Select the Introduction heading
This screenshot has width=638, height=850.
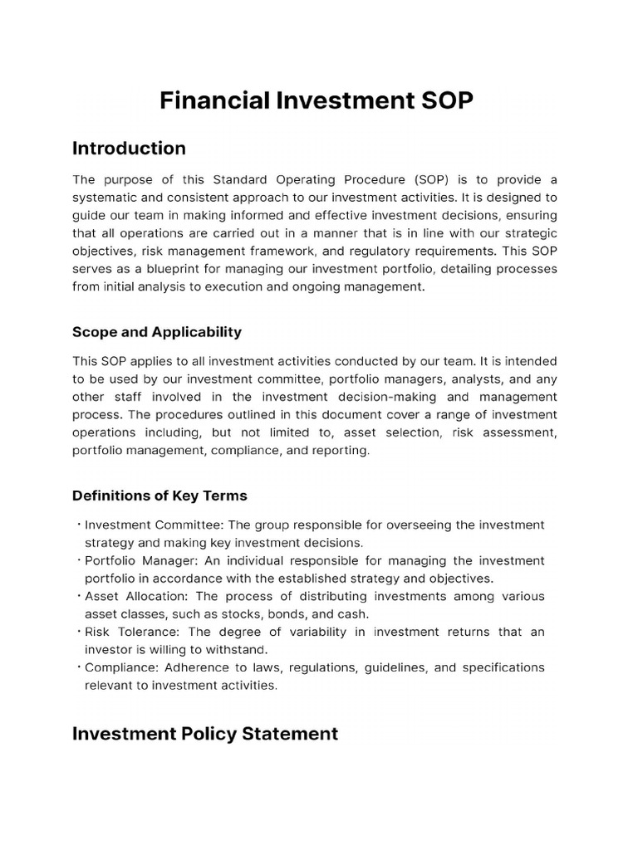click(x=129, y=149)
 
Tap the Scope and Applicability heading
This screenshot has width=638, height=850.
click(x=157, y=332)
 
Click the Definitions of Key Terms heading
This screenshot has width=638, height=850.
click(x=159, y=496)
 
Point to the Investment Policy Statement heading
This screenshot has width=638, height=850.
click(x=205, y=734)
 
